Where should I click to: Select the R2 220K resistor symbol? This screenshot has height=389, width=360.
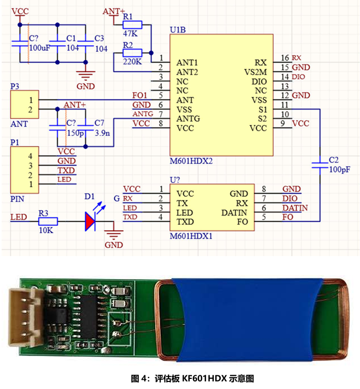click(133, 52)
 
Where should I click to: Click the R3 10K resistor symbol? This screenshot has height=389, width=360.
click(49, 221)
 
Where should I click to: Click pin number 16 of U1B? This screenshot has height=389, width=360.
click(284, 58)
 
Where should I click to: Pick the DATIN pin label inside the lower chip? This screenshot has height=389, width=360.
click(235, 213)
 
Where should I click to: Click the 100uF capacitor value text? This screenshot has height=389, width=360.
click(40, 48)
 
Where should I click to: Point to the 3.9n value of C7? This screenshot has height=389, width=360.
click(103, 133)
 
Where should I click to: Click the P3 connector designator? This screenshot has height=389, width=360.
click(15, 87)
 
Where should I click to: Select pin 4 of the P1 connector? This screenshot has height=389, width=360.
click(30, 155)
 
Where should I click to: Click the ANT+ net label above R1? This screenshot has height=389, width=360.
click(114, 11)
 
